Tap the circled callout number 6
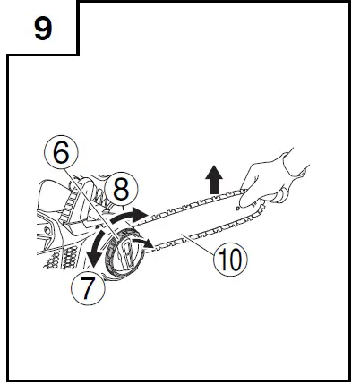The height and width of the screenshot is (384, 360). click(60, 153)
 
